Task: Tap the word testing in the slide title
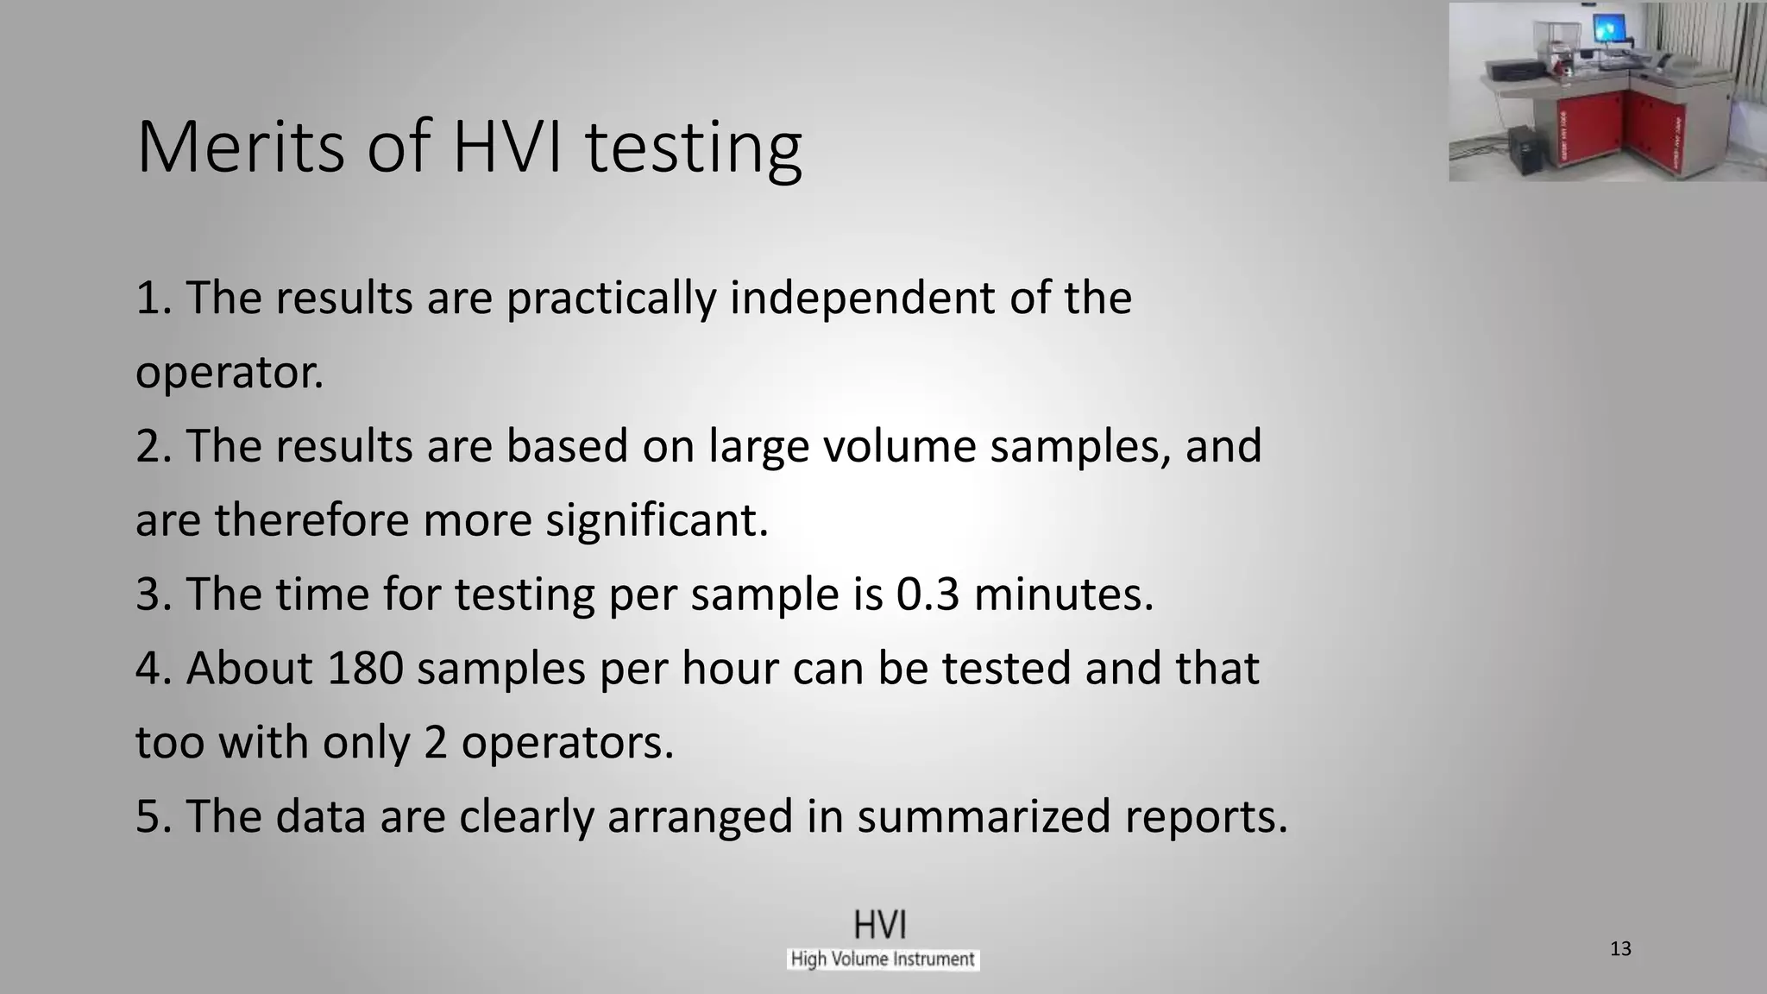pyautogui.click(x=693, y=148)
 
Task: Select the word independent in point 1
pyautogui.click(x=889, y=298)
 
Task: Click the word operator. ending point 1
pyautogui.click(x=230, y=373)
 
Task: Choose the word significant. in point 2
pyautogui.click(x=656, y=520)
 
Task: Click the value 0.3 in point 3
pyautogui.click(x=928, y=595)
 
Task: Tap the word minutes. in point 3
pyautogui.click(x=1063, y=595)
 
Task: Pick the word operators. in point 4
pyautogui.click(x=567, y=743)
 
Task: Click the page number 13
pyautogui.click(x=1620, y=949)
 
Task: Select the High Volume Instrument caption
pyautogui.click(x=883, y=959)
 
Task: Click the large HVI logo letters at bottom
pyautogui.click(x=880, y=925)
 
